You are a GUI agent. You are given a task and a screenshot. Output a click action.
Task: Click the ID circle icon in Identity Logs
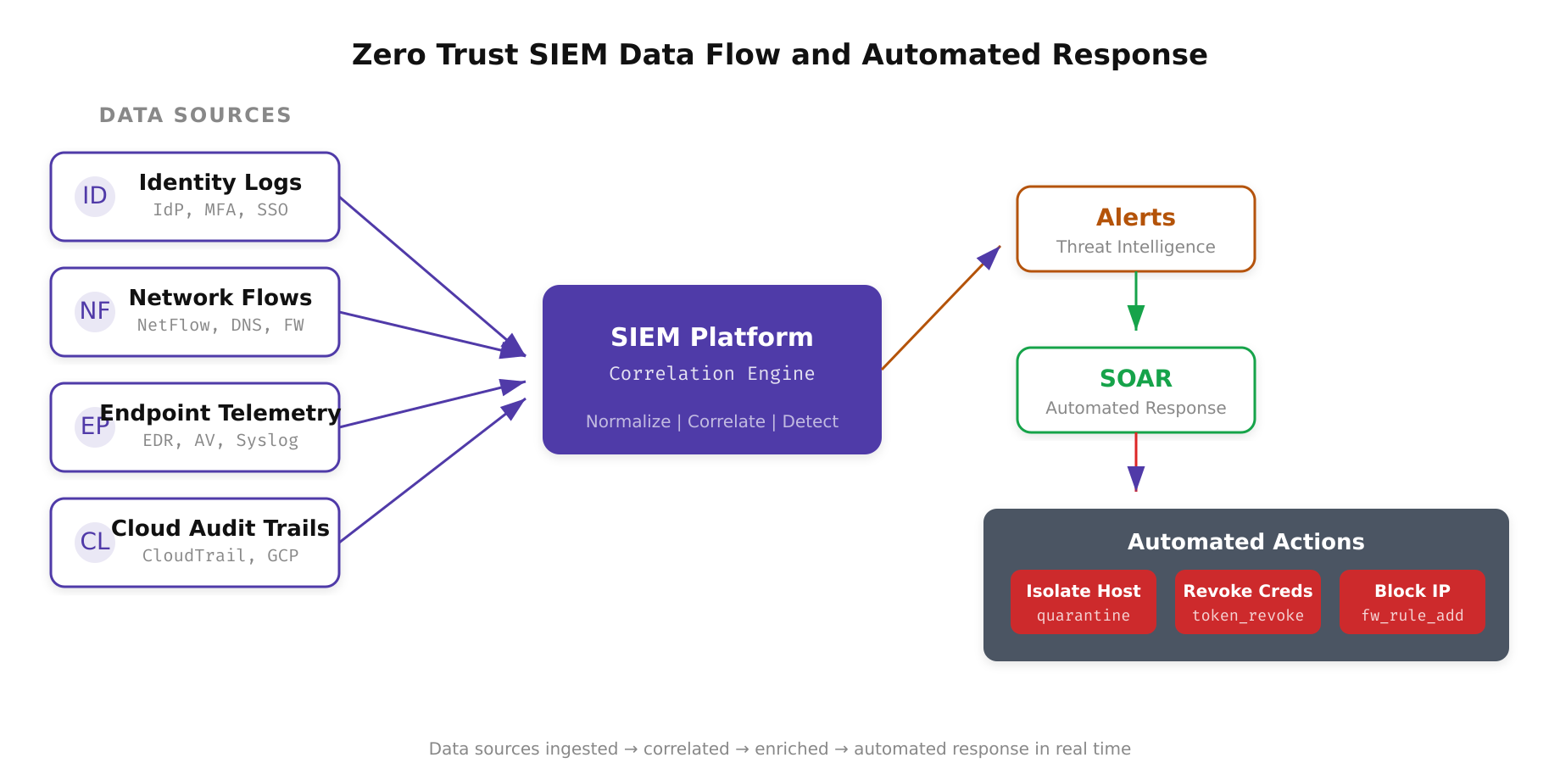[95, 197]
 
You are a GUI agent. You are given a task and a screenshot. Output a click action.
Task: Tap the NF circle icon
[95, 312]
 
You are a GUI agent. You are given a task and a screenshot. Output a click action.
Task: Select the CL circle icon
[95, 542]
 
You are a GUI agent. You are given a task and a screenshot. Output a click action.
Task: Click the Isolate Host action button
[1083, 602]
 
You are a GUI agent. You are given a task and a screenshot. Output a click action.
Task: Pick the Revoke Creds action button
[1247, 602]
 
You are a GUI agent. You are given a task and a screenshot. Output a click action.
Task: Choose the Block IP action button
[1412, 602]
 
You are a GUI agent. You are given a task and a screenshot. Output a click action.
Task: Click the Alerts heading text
[1135, 218]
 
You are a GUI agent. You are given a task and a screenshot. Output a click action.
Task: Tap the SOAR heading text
[1135, 378]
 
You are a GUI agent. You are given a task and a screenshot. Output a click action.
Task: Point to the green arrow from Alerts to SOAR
[1136, 301]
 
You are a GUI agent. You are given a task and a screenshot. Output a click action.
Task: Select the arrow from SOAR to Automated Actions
[1136, 462]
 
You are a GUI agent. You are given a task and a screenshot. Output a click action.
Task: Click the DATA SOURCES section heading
[195, 115]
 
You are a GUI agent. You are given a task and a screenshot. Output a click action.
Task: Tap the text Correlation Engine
[711, 374]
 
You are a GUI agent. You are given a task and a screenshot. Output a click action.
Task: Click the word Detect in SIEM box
[810, 421]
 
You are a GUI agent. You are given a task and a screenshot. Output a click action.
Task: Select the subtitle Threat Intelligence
[1135, 247]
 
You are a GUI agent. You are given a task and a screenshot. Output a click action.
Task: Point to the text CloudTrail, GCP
[220, 555]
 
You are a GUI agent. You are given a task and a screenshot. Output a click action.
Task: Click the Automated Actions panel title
[1245, 542]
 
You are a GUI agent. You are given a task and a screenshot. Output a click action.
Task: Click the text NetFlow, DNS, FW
[220, 326]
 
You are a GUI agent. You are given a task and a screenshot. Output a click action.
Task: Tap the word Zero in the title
[388, 55]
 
